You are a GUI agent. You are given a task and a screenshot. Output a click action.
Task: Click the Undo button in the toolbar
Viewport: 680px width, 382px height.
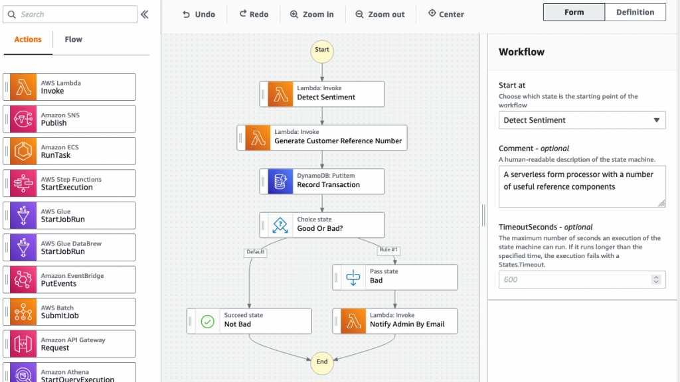tap(199, 14)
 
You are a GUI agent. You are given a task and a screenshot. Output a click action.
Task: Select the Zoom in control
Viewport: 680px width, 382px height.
tap(312, 14)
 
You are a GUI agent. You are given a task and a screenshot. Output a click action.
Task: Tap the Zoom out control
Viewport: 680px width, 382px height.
tap(380, 14)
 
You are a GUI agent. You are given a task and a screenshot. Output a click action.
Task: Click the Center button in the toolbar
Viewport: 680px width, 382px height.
tap(446, 14)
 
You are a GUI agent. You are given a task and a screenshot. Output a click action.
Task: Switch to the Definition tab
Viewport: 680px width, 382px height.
tap(635, 12)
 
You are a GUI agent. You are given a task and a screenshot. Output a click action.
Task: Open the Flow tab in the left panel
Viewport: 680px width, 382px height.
tap(73, 39)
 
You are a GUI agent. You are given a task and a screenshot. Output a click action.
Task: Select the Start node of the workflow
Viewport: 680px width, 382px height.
tap(322, 50)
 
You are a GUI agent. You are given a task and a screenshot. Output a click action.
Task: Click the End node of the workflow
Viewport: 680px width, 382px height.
tap(322, 361)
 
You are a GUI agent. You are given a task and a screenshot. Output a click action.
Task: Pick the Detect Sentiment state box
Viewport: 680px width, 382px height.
tap(322, 94)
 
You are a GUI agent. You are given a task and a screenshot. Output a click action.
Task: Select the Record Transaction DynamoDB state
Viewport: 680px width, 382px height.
tap(322, 181)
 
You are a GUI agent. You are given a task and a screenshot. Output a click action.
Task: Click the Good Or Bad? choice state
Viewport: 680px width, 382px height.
tap(322, 225)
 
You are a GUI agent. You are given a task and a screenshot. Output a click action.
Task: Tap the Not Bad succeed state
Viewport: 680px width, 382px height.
tap(249, 320)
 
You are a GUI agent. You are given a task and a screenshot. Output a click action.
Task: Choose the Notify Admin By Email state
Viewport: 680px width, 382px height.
tap(395, 320)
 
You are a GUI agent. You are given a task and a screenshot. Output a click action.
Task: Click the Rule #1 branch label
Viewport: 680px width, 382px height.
tap(388, 250)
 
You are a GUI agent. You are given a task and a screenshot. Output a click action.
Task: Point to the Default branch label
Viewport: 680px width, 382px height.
tap(255, 252)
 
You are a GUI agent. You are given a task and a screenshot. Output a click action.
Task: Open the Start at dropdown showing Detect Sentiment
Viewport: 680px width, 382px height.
tap(582, 120)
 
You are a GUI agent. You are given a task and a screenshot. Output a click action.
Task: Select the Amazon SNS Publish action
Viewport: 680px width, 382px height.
tap(70, 119)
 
